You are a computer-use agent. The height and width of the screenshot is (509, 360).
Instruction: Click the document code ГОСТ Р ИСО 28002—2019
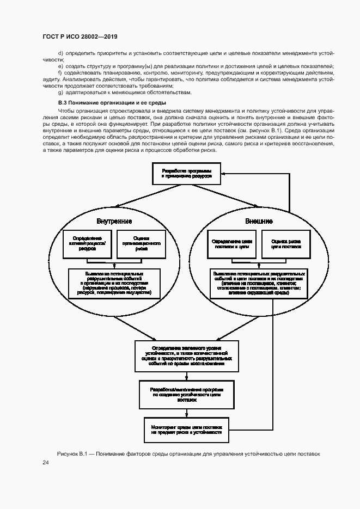tap(80, 36)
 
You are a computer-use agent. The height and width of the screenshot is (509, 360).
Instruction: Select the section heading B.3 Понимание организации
tap(112, 103)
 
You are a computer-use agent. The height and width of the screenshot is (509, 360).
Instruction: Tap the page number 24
tap(46, 462)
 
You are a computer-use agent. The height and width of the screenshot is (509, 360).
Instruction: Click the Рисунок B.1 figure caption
tap(188, 453)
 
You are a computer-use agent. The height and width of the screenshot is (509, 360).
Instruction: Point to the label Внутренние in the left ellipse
tap(114, 222)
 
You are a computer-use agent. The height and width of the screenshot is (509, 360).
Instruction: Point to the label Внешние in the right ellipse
tap(259, 222)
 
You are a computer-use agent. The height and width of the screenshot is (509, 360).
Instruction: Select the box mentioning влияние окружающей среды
tap(259, 283)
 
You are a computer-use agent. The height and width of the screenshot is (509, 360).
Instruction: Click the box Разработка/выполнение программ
tap(186, 394)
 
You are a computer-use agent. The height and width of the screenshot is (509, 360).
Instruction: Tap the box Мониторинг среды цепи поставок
tap(186, 429)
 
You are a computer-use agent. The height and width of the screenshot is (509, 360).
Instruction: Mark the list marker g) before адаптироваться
tap(60, 93)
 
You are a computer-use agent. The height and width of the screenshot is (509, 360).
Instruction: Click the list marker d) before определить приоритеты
tap(60, 52)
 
